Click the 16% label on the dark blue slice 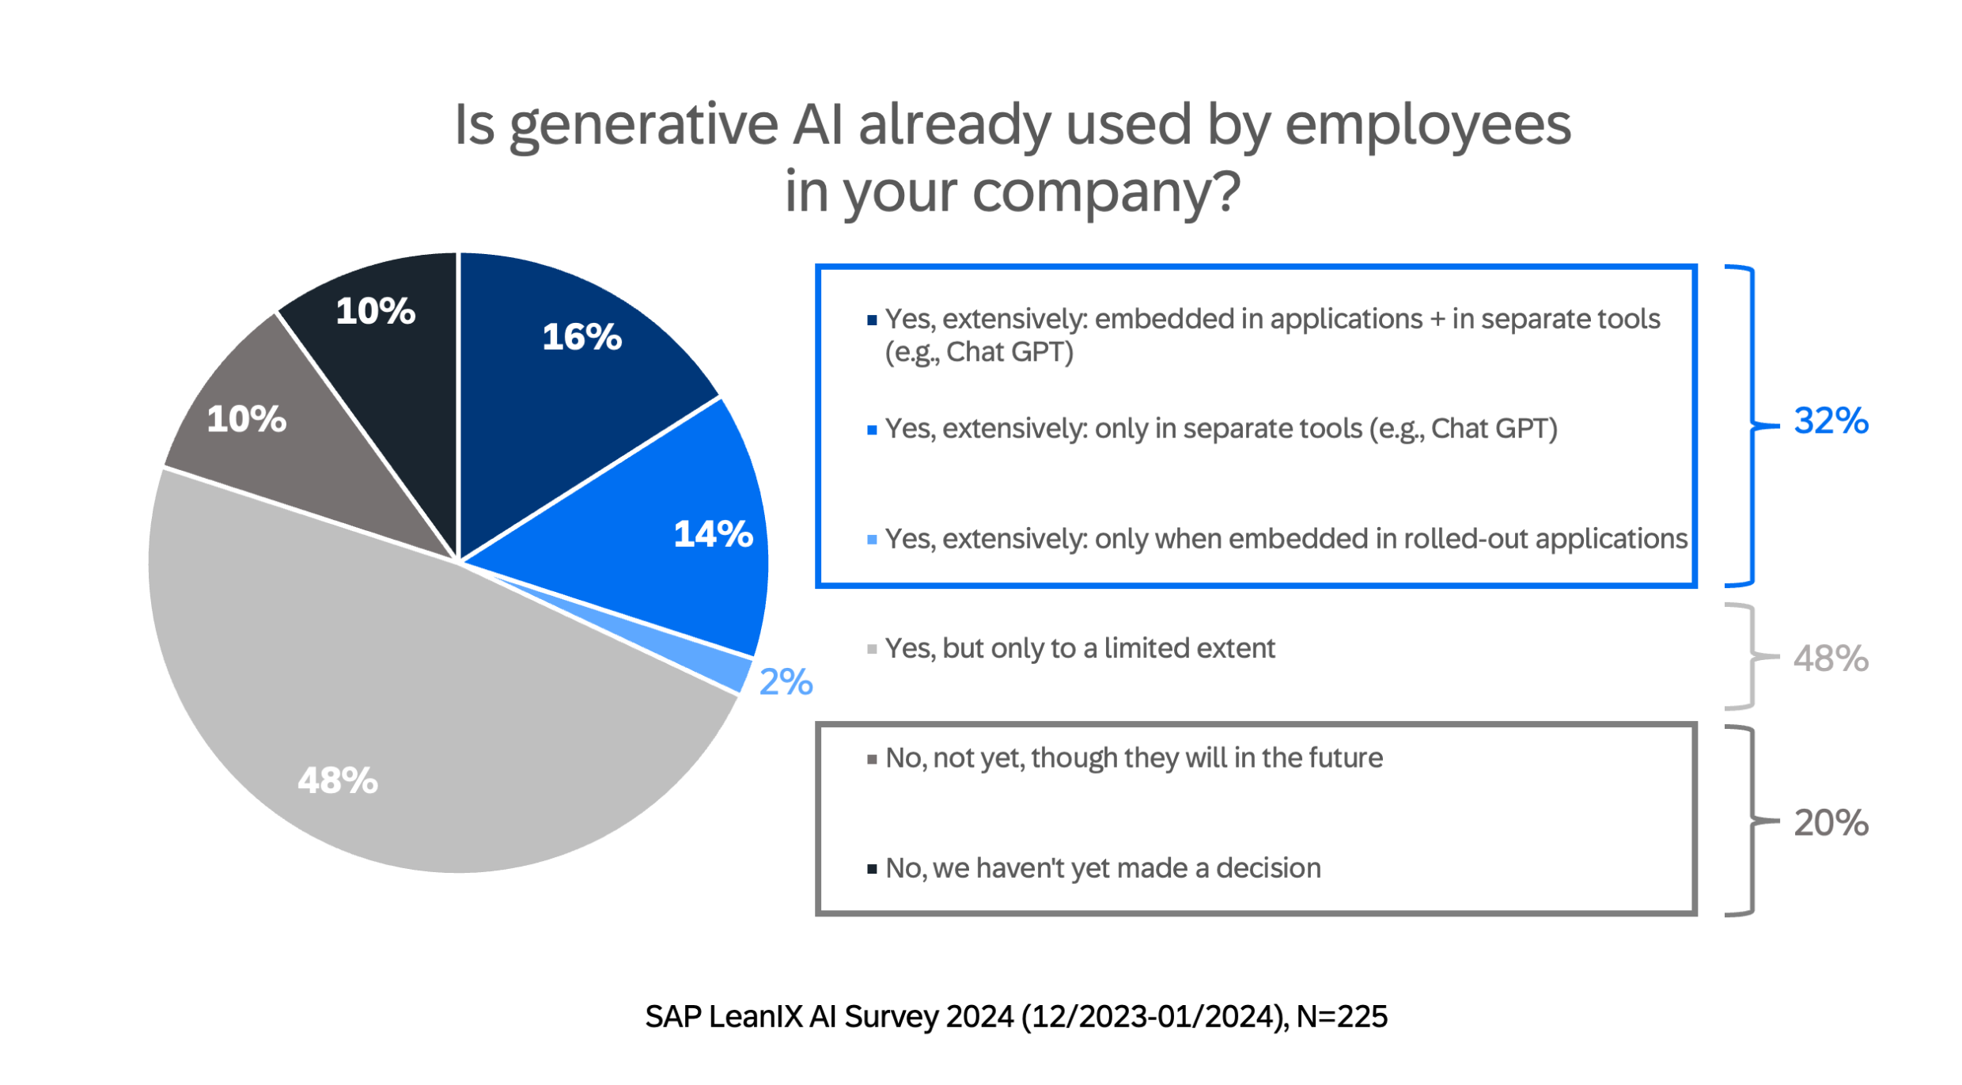pyautogui.click(x=581, y=337)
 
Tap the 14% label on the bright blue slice pyautogui.click(x=713, y=534)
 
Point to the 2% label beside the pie pyautogui.click(x=786, y=682)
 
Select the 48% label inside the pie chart pyautogui.click(x=338, y=781)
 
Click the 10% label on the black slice pyautogui.click(x=375, y=311)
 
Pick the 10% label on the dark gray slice pyautogui.click(x=246, y=419)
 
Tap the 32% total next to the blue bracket pyautogui.click(x=1831, y=421)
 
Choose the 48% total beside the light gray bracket pyautogui.click(x=1831, y=658)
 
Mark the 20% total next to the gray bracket pyautogui.click(x=1831, y=823)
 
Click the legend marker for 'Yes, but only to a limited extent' pyautogui.click(x=872, y=650)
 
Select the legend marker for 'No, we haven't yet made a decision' pyautogui.click(x=872, y=870)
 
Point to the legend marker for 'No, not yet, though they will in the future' pyautogui.click(x=872, y=760)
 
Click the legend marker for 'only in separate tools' pyautogui.click(x=872, y=431)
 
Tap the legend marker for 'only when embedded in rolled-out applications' pyautogui.click(x=872, y=541)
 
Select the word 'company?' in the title pyautogui.click(x=1105, y=192)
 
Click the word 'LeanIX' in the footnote pyautogui.click(x=755, y=1017)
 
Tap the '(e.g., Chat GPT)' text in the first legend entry pyautogui.click(x=979, y=352)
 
